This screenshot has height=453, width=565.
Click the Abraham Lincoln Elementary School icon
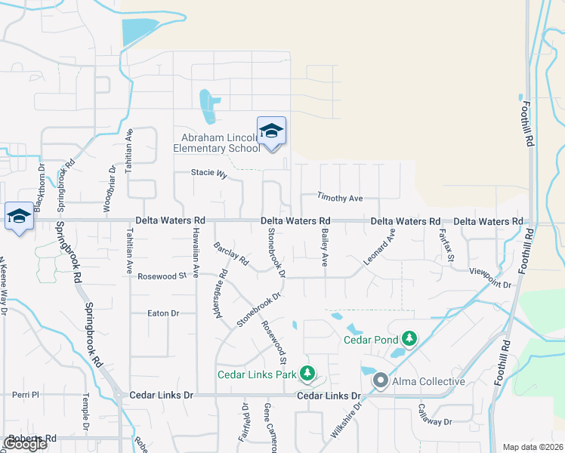point(271,131)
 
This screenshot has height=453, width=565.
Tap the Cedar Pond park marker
point(409,337)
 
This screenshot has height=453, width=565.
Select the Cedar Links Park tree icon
point(307,372)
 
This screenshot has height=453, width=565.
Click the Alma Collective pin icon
point(381,381)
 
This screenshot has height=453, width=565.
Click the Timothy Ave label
point(340,199)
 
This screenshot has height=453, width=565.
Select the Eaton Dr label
point(162,313)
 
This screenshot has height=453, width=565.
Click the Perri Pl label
point(25,395)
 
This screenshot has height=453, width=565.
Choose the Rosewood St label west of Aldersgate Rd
point(161,276)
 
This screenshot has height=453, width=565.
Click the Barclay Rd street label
point(231,254)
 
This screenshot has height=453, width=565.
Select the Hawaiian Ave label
point(195,251)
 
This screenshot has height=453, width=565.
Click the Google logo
point(25,444)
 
